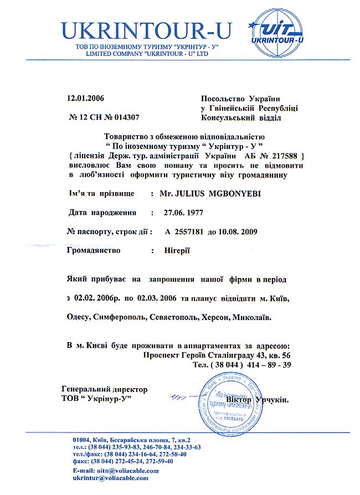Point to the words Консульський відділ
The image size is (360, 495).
tap(241, 117)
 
